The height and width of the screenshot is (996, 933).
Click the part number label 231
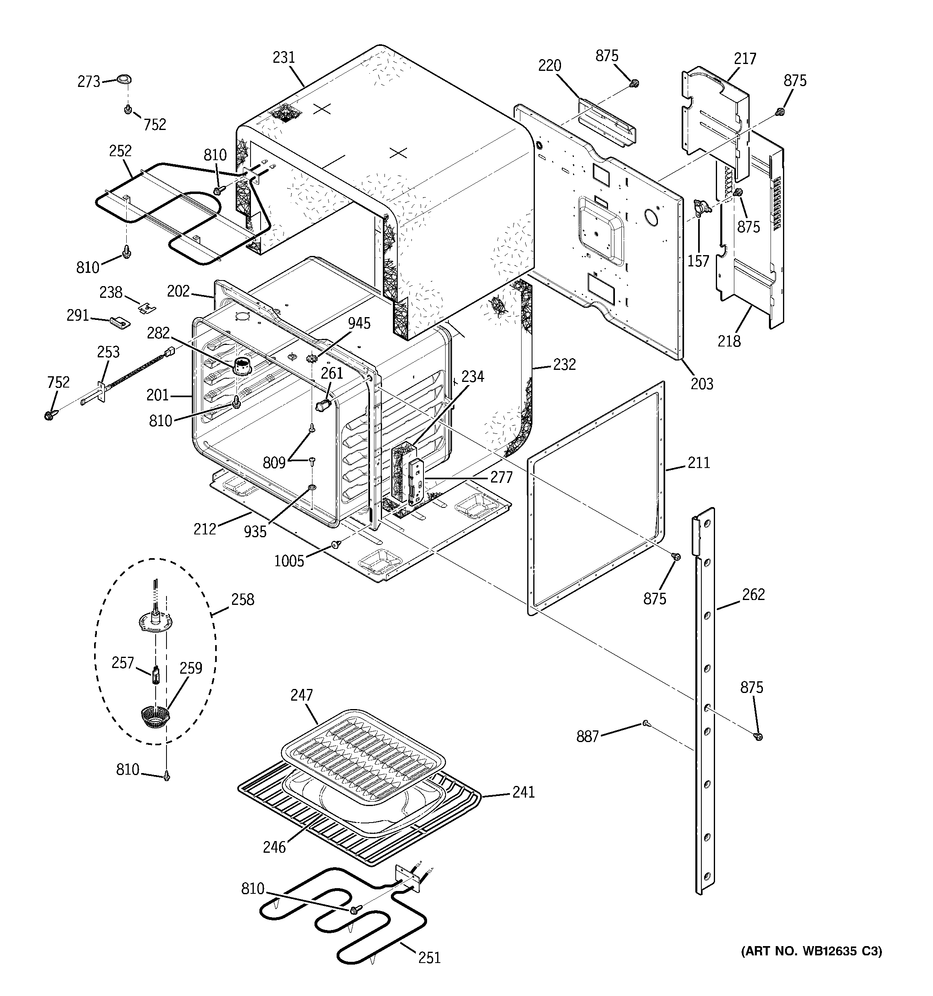pos(284,58)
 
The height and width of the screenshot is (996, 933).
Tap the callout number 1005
pos(289,561)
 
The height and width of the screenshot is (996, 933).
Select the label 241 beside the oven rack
pos(523,792)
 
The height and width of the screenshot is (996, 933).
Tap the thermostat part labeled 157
pos(702,206)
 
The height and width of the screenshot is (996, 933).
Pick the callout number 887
pos(588,736)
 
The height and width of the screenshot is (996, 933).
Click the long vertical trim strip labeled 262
pos(705,701)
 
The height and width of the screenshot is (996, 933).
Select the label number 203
pos(702,384)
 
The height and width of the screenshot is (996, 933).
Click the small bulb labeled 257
pos(156,674)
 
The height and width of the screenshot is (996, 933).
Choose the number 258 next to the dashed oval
pos(243,599)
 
